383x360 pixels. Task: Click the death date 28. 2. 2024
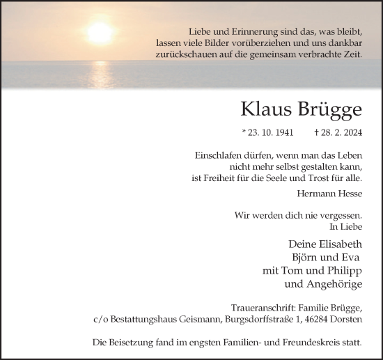342,132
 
